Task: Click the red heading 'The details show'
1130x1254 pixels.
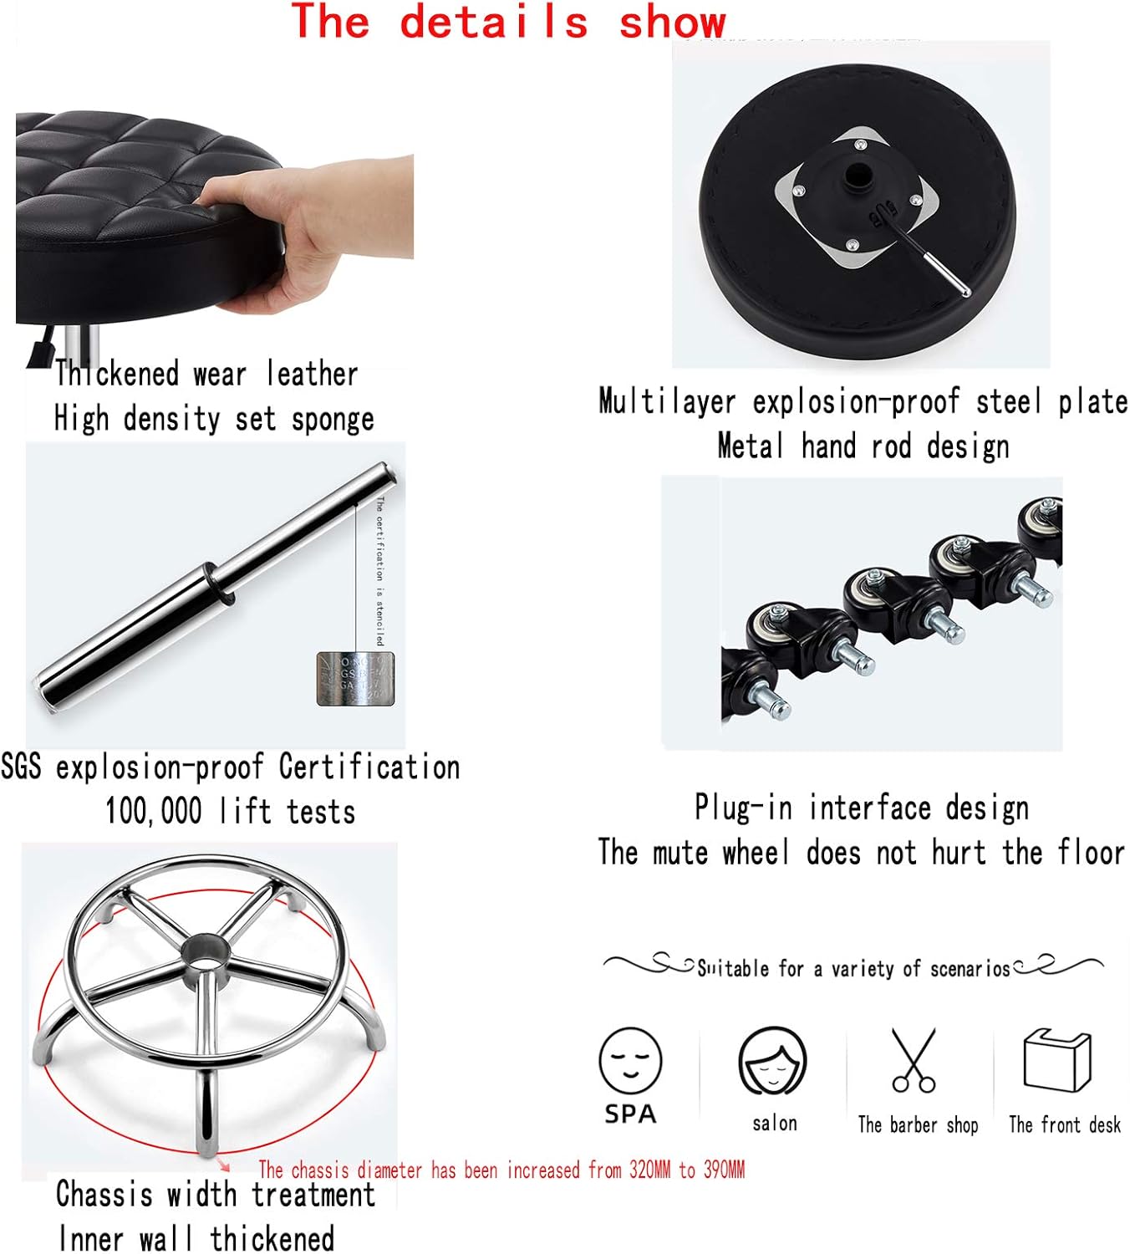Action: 507,22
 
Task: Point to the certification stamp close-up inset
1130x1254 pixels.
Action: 355,678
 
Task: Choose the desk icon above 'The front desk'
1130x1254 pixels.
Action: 1057,1060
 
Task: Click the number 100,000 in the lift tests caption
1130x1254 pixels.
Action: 154,812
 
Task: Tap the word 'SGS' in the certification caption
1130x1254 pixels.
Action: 21,767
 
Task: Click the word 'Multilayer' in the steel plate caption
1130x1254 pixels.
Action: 667,402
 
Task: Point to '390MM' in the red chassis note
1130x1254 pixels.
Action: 724,1170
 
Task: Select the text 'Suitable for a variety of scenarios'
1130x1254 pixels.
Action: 853,969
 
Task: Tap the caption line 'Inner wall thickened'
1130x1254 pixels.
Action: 196,1238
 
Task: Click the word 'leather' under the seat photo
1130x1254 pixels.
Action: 312,374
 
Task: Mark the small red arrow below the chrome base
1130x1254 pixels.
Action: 223,1165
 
